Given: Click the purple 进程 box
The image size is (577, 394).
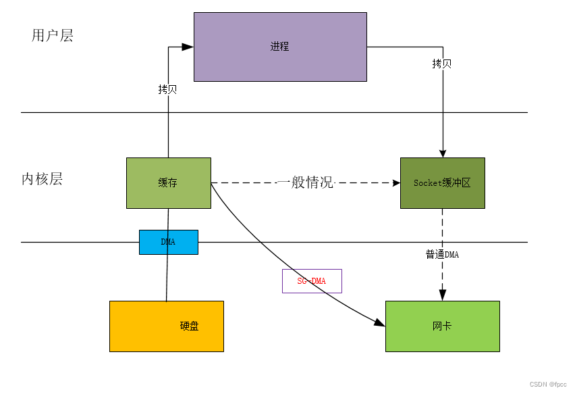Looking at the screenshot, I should tap(280, 47).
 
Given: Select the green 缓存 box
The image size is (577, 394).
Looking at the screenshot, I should tap(168, 182).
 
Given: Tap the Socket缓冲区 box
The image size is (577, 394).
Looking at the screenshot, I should tap(442, 182).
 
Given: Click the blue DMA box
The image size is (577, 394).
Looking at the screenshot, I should tap(168, 242).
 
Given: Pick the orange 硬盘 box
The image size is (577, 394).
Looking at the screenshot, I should tap(166, 326).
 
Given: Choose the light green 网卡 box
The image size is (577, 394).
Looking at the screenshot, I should tap(442, 326).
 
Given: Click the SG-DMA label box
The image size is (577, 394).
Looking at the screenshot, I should tap(312, 280).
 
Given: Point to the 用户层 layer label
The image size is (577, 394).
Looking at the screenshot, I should tap(52, 36).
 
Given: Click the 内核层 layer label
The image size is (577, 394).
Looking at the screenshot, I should tap(42, 179).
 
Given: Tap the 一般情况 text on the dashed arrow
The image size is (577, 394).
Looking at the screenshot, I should tap(306, 182).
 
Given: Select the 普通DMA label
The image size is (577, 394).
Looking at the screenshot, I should tap(442, 255).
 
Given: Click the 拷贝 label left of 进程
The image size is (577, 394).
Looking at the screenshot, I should tap(167, 89).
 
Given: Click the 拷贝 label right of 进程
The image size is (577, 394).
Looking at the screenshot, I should tap(442, 64).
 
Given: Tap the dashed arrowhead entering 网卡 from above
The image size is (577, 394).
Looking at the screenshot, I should tap(443, 295).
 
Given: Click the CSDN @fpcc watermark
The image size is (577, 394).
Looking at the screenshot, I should tap(548, 385).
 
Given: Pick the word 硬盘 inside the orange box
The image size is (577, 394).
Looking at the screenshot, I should tap(190, 326).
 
